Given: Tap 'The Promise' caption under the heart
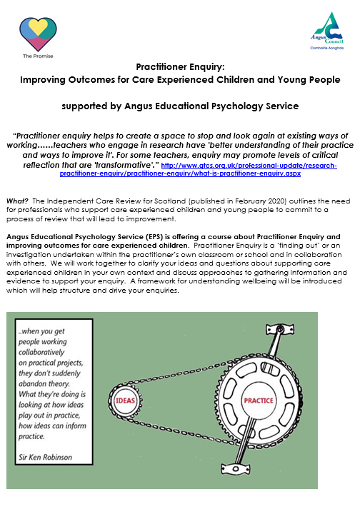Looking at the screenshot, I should pos(37,56).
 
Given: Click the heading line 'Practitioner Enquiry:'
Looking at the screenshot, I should pos(179,66).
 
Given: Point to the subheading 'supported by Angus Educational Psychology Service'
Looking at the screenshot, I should pos(179,107).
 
